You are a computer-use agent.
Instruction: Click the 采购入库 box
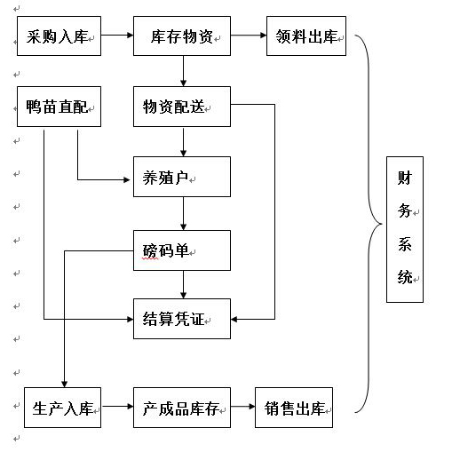59,36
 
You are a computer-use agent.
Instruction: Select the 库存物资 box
182,36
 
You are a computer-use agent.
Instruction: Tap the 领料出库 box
306,36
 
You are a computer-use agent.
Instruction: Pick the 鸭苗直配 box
59,107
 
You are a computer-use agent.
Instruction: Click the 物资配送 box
182,107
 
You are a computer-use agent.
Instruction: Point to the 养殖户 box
182,177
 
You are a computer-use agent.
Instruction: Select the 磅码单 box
182,250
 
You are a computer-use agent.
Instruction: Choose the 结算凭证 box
182,319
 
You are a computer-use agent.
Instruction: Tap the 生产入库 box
62,408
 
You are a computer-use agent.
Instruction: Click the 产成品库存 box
182,408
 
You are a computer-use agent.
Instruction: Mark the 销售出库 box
294,408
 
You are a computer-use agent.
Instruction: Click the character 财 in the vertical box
405,178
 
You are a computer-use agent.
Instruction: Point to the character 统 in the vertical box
405,277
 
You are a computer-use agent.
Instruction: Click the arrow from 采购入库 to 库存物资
117,36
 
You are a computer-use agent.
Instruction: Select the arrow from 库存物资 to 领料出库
249,36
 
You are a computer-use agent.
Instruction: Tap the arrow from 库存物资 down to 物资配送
183,71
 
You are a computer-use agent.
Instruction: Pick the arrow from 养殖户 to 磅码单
183,214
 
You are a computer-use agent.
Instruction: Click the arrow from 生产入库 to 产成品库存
117,407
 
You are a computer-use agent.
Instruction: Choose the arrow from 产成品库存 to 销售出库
242,407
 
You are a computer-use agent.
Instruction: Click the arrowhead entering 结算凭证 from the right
234,319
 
